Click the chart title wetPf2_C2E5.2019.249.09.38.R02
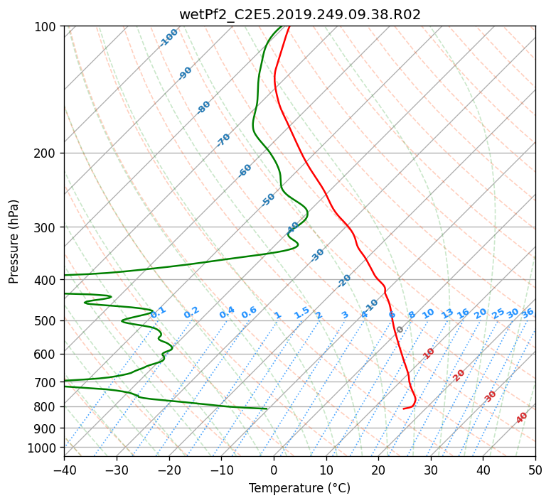coord(299,14)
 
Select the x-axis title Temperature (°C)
coord(299,488)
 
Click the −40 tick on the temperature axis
coord(64,470)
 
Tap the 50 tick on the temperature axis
coord(535,470)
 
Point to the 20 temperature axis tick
coord(378,470)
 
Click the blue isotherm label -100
coord(169,38)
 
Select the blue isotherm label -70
coord(224,140)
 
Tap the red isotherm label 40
coord(522,418)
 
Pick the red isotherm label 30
coord(491,396)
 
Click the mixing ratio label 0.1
coord(159,312)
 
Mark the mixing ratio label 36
coord(528,313)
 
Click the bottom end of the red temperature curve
coord(404,409)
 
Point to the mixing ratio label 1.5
coord(301,313)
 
